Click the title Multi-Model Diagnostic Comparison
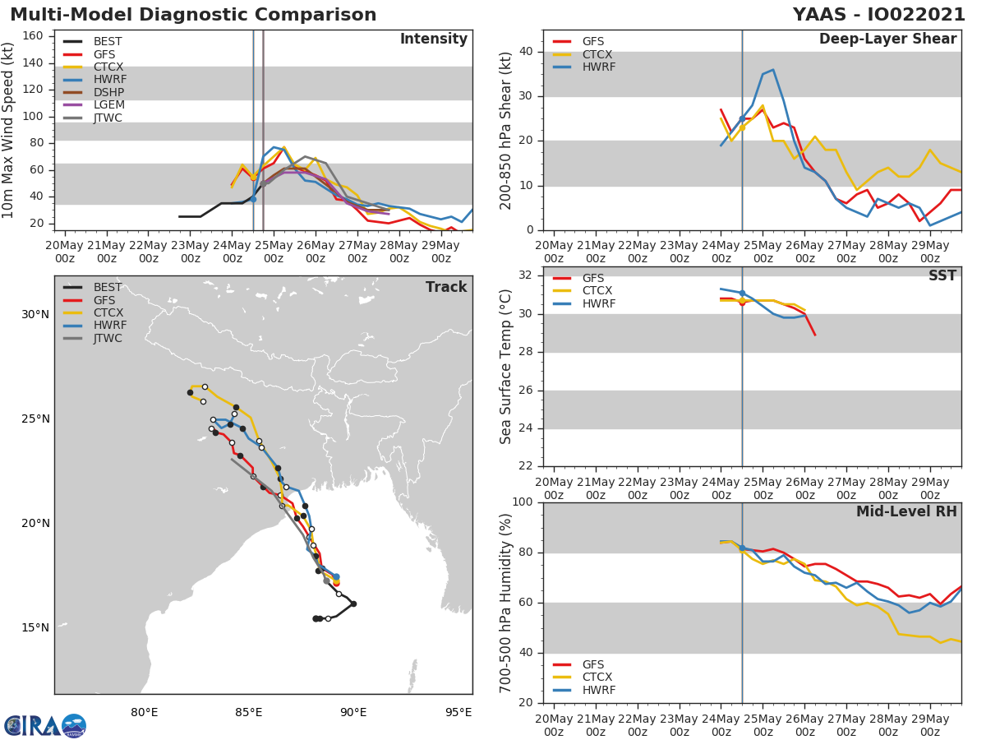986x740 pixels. click(x=193, y=15)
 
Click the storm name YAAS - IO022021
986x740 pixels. click(x=878, y=15)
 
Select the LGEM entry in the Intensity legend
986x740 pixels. click(x=109, y=105)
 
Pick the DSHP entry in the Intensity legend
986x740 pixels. click(x=109, y=92)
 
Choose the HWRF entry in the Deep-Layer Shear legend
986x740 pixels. click(x=598, y=67)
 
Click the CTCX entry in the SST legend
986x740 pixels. click(x=598, y=291)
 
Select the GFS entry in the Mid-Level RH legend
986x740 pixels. click(x=598, y=664)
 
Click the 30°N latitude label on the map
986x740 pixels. click(x=35, y=314)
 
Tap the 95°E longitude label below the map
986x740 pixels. click(x=458, y=712)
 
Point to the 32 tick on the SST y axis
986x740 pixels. click(x=528, y=275)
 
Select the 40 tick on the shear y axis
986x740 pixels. click(x=528, y=52)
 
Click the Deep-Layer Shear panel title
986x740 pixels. click(x=887, y=39)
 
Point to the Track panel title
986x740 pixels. click(x=446, y=287)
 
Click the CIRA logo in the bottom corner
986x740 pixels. click(x=45, y=725)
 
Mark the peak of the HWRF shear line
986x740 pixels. click(x=772, y=70)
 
